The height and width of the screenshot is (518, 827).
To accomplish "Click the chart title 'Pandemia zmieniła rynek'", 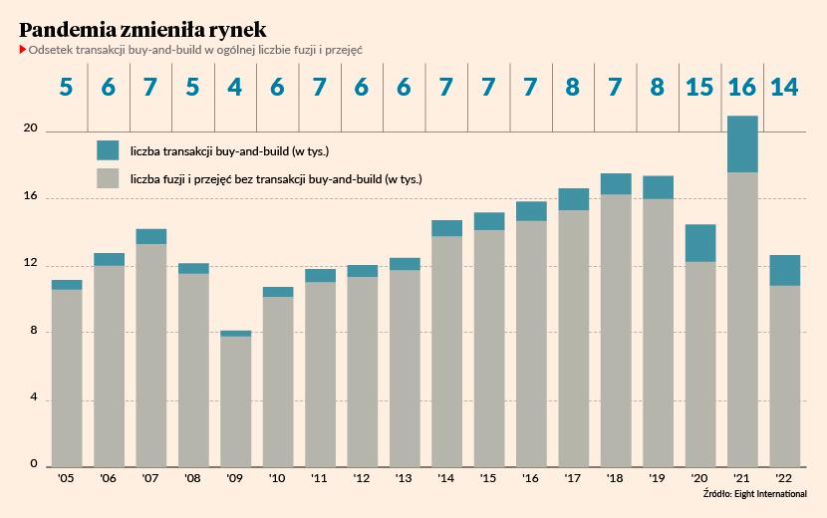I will tap(142, 28).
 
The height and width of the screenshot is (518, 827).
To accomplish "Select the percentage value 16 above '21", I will tap(742, 87).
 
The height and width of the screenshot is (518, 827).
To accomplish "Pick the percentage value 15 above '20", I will tap(699, 87).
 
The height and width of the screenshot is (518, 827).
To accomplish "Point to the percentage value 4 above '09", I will tap(235, 87).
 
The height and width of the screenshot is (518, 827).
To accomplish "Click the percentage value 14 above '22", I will tap(784, 87).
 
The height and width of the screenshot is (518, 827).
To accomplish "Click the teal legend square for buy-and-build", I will tap(108, 150).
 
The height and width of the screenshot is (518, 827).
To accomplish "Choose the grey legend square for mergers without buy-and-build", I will tap(108, 179).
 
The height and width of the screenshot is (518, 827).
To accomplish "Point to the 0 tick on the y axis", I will tap(33, 465).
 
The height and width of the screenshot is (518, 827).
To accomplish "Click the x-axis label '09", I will tap(235, 479).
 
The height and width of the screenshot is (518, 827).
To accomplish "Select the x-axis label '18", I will tap(616, 479).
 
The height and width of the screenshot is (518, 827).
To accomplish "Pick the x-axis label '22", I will tap(784, 479).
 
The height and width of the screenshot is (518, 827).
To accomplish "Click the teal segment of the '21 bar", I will tap(742, 144).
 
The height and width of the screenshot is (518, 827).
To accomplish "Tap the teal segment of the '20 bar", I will tap(699, 243).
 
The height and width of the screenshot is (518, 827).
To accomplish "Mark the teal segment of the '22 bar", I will tap(784, 270).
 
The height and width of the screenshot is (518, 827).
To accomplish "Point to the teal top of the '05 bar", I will tap(67, 285).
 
